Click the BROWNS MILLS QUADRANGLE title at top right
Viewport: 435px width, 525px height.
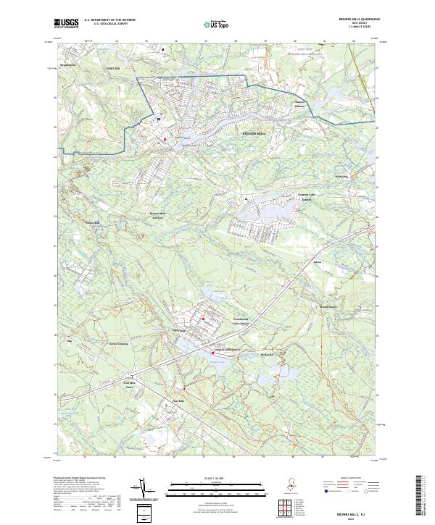point(360,20)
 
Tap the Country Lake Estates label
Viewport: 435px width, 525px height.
point(307,196)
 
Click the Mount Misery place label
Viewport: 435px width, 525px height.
point(328,306)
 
